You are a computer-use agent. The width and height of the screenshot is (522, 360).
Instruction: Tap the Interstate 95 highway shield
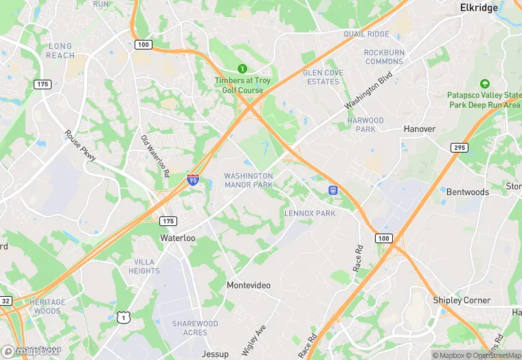pyautogui.click(x=193, y=181)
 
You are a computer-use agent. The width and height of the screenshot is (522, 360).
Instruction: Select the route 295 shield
pyautogui.click(x=459, y=148)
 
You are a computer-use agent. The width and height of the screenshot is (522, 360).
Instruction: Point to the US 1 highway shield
pyautogui.click(x=123, y=317)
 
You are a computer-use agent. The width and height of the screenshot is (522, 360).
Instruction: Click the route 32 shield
pyautogui.click(x=5, y=300)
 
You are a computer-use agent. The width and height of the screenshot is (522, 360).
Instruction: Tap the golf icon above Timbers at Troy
pyautogui.click(x=242, y=69)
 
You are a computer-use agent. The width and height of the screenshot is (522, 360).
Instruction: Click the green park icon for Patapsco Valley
pyautogui.click(x=485, y=83)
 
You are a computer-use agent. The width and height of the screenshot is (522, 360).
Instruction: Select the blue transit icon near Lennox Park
pyautogui.click(x=333, y=190)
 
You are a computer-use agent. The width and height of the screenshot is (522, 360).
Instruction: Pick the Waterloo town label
pyautogui.click(x=178, y=238)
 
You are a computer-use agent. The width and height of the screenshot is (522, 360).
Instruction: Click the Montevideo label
pyautogui.click(x=249, y=285)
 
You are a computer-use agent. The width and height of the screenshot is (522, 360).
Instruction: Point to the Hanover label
pyautogui.click(x=420, y=128)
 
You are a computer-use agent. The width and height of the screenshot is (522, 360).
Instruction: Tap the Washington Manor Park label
pyautogui.click(x=249, y=181)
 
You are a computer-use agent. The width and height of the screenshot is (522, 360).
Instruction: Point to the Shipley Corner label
pyautogui.click(x=462, y=300)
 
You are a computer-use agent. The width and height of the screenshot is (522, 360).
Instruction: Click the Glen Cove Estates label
pyautogui.click(x=322, y=77)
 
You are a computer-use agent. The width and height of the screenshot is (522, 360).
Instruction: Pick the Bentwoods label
pyautogui.click(x=468, y=192)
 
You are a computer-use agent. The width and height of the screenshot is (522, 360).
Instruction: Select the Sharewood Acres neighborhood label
pyautogui.click(x=195, y=328)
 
